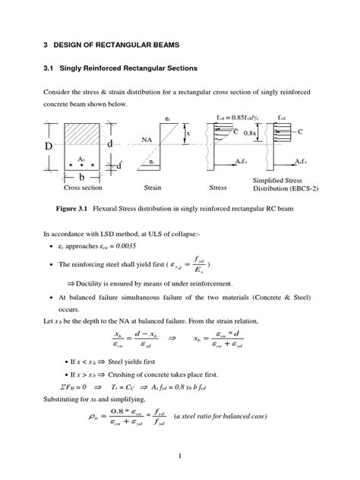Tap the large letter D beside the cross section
tap(48, 145)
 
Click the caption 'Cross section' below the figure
tap(83, 187)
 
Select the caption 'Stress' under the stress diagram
tap(218, 187)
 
